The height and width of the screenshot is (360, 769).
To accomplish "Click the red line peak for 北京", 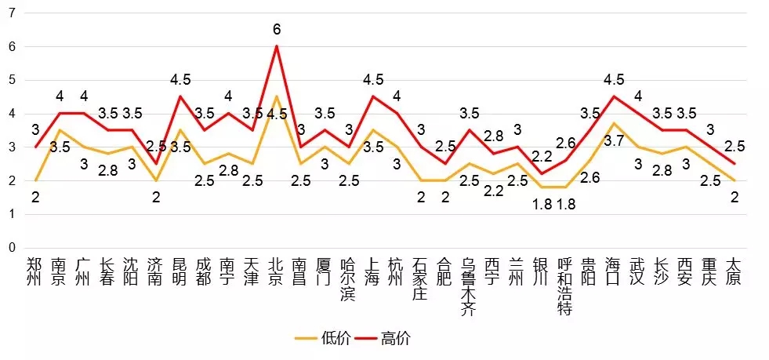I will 276,46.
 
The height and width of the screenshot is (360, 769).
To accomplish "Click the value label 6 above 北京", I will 277,30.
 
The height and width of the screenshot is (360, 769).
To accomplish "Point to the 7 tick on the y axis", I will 11,13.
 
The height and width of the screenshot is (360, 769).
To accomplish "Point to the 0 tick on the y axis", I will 11,248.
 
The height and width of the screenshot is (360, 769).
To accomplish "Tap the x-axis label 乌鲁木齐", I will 469,286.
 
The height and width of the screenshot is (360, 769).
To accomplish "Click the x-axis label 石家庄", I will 421,278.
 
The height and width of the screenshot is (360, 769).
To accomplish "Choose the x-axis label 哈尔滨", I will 348,278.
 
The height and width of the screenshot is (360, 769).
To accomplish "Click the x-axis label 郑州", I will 34,270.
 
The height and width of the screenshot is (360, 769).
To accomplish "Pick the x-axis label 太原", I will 735,270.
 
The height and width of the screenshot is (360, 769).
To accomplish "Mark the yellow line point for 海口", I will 614,124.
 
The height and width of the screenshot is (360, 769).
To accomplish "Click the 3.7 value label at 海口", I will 614,140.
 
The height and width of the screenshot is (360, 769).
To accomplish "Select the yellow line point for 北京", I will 276,96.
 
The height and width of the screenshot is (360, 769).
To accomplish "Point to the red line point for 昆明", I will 180,96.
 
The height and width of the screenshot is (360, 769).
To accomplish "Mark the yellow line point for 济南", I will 155,180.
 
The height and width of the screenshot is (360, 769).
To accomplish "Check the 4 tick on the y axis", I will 11,114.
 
